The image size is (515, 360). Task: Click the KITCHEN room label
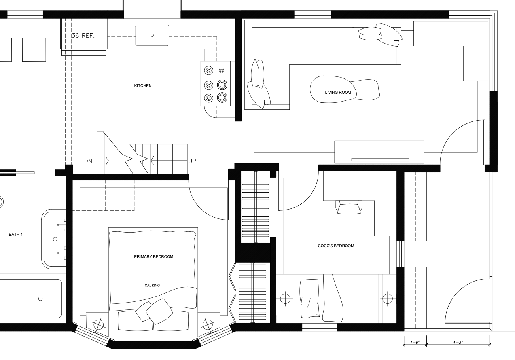click(143, 86)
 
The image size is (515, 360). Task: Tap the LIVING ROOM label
click(338, 93)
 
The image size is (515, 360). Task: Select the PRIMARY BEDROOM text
click(153, 257)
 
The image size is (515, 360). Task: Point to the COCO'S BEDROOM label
click(336, 246)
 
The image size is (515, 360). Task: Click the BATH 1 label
click(16, 235)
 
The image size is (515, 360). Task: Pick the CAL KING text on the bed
click(152, 286)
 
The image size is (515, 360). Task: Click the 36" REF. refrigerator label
click(83, 36)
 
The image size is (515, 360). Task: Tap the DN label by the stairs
click(88, 161)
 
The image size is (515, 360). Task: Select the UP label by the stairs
click(192, 161)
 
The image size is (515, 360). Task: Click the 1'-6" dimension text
click(415, 343)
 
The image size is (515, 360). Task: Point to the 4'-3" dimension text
click(458, 343)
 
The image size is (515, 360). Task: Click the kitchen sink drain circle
click(152, 35)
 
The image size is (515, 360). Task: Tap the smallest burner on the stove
click(222, 70)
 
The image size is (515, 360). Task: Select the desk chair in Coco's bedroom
click(349, 207)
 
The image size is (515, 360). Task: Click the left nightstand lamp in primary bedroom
click(98, 325)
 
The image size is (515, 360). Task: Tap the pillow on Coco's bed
click(310, 299)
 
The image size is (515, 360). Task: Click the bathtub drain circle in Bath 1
click(40, 299)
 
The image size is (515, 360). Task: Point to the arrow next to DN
click(101, 161)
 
